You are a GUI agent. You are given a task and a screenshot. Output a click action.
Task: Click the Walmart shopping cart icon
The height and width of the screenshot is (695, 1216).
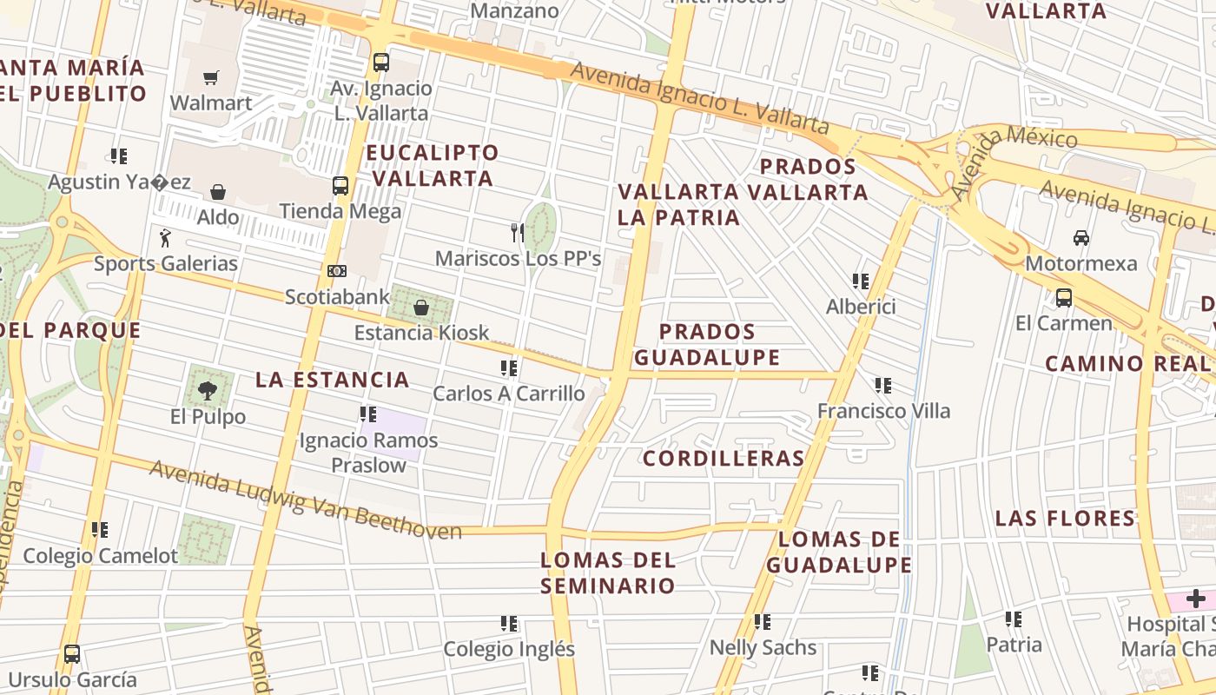[210, 77]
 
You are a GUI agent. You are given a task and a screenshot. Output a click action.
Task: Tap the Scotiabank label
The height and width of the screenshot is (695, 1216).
[338, 297]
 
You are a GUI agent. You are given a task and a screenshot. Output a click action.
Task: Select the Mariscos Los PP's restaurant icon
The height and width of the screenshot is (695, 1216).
[517, 232]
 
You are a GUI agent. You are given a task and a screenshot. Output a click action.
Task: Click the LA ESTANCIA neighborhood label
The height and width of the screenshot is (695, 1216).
[333, 380]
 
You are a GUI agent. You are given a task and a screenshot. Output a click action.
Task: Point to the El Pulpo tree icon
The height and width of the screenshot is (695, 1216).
[207, 391]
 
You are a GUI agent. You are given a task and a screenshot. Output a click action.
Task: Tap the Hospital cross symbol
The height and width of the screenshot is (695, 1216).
[1196, 599]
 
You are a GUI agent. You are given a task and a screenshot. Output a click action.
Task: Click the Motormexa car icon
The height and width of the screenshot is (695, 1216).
[1081, 237]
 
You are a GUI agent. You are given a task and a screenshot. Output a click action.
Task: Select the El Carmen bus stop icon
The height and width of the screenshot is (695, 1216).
[1064, 297]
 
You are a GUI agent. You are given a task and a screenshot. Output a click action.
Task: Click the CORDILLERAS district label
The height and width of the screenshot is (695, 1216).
[724, 459]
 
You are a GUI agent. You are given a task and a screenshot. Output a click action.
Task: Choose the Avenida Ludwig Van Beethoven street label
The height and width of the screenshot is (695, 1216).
[306, 500]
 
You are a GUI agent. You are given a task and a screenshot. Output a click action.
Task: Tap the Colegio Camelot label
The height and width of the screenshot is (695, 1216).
[100, 556]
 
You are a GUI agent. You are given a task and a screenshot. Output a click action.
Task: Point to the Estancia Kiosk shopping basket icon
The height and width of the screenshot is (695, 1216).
[421, 307]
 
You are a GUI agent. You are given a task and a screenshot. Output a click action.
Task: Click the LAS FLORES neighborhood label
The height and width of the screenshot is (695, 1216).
[1065, 519]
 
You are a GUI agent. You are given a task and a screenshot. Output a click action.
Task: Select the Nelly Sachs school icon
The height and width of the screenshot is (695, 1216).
[763, 621]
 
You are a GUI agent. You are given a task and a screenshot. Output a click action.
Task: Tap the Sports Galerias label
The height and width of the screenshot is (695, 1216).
[166, 263]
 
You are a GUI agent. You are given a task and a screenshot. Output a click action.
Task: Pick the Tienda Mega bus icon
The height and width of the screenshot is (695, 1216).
[340, 186]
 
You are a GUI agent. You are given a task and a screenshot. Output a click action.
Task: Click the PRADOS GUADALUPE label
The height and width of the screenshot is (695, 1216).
[707, 344]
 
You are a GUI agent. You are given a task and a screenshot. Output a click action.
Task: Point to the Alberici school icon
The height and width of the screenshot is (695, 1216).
[861, 281]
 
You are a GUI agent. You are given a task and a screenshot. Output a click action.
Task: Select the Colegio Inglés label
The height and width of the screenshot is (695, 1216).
[509, 649]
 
